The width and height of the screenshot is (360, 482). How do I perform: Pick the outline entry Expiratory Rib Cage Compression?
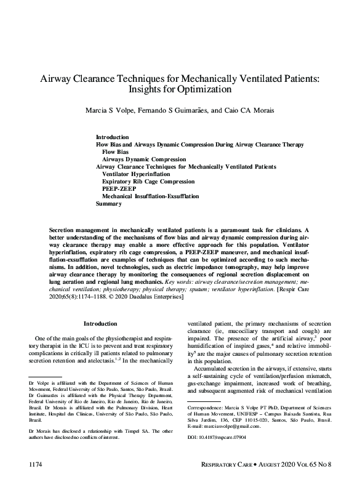[x=148, y=182]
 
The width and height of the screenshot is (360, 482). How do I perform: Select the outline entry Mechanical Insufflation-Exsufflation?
[x=150, y=196]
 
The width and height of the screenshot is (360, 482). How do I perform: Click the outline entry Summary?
[x=109, y=204]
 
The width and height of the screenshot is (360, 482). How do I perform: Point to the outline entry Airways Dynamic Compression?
[x=140, y=159]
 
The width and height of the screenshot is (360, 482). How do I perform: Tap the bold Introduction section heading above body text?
[x=100, y=324]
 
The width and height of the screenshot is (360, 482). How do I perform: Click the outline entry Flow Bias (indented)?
[x=115, y=151]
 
